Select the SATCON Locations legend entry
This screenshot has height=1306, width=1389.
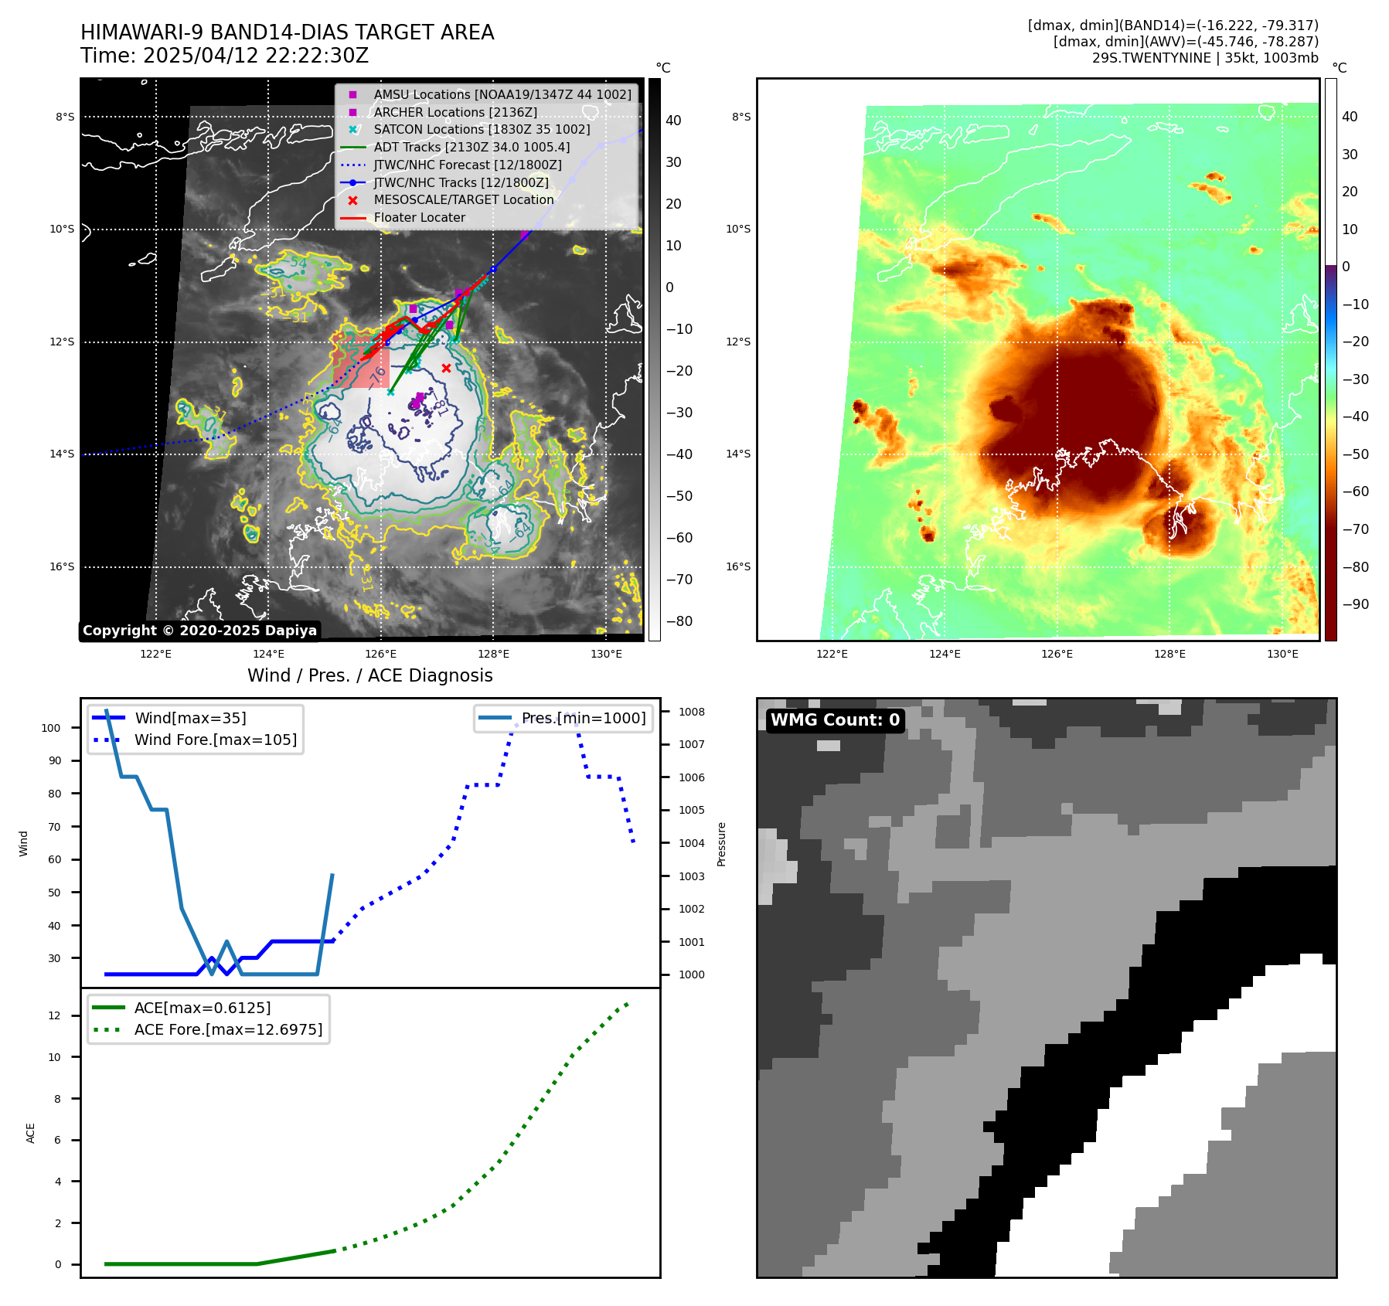click(x=481, y=130)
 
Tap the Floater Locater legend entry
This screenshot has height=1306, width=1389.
click(x=419, y=218)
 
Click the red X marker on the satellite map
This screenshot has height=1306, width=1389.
click(x=446, y=368)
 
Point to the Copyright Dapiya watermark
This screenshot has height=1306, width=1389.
click(x=199, y=631)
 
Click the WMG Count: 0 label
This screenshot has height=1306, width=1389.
click(x=835, y=720)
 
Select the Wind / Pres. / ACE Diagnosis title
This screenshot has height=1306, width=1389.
click(x=369, y=675)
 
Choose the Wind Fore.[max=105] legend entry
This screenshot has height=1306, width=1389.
click(x=215, y=740)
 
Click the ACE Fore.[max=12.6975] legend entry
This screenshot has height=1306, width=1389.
click(x=228, y=1029)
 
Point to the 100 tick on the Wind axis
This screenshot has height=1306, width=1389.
click(x=51, y=728)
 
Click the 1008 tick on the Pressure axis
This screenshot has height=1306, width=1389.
click(x=692, y=712)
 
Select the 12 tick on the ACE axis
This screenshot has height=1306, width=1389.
click(x=54, y=1015)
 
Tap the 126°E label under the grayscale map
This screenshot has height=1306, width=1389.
click(x=381, y=655)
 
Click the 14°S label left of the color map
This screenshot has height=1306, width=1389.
click(x=738, y=454)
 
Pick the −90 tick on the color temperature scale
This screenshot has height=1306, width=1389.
click(x=1355, y=604)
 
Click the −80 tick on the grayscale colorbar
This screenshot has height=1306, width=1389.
click(x=679, y=621)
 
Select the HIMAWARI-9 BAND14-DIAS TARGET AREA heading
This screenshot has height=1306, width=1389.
click(x=287, y=32)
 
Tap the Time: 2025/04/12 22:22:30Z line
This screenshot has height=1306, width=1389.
click(x=224, y=56)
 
